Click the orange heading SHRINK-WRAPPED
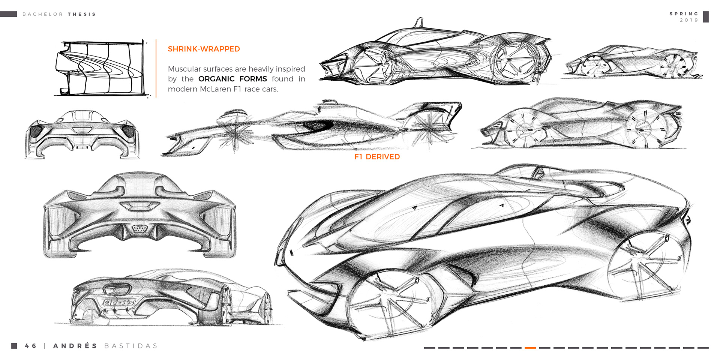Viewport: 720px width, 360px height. click(x=204, y=49)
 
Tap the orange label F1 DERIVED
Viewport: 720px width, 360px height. click(x=377, y=157)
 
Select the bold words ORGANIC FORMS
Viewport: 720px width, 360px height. click(x=232, y=79)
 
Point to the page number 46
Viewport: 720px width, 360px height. click(x=31, y=346)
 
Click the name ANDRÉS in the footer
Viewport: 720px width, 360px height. click(x=75, y=346)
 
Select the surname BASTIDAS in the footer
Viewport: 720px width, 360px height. click(x=131, y=346)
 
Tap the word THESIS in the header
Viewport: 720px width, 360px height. click(x=82, y=14)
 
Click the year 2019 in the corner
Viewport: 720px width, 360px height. click(x=689, y=20)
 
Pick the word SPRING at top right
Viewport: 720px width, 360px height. click(x=684, y=14)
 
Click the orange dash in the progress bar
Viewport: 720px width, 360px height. click(x=530, y=348)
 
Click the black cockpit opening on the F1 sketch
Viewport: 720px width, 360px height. click(x=317, y=126)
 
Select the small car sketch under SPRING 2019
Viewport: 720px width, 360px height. click(x=631, y=62)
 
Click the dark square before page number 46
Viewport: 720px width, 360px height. click(x=14, y=346)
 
